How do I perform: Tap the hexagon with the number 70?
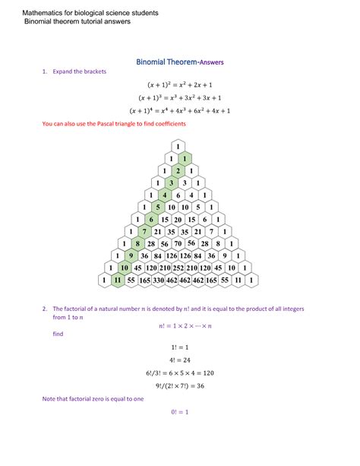[x=178, y=243]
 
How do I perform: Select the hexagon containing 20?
[x=178, y=219]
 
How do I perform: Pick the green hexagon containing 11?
[x=117, y=280]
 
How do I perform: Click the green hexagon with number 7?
[x=144, y=231]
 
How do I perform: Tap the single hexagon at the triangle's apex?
[x=178, y=147]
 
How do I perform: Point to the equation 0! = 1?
[x=179, y=412]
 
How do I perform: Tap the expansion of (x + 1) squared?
[x=179, y=85]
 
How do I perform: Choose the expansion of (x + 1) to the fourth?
[x=179, y=110]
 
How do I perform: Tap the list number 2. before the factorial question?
[x=46, y=309]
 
